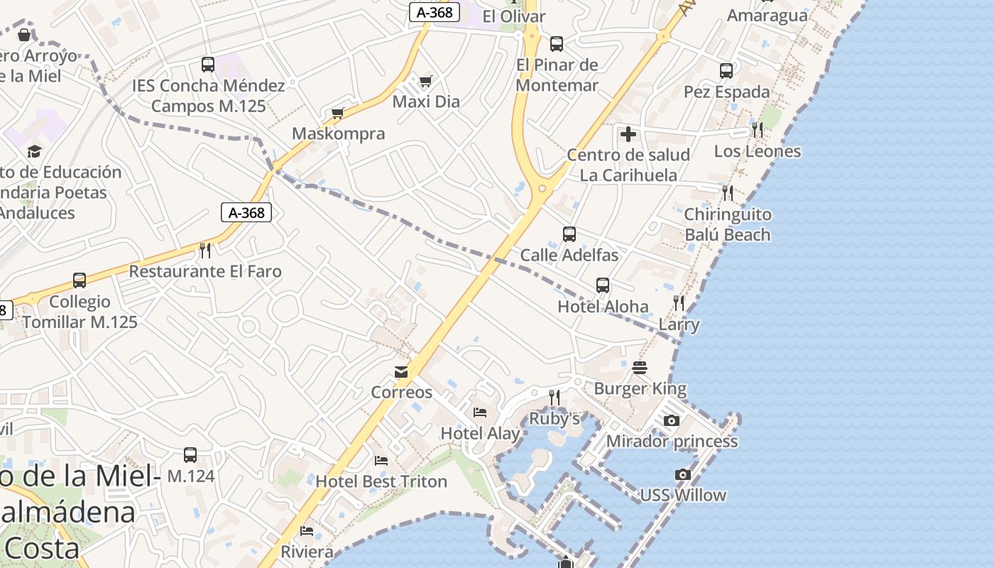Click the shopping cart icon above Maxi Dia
[x=425, y=81]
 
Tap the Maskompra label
[x=339, y=133]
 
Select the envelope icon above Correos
[x=401, y=372]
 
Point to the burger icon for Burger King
[x=640, y=368]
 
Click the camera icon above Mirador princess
[x=671, y=421]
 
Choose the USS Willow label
[x=683, y=495]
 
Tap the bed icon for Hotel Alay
[x=480, y=413]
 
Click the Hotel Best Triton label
[x=381, y=481]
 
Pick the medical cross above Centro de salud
[x=628, y=134]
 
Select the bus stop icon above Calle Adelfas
[x=569, y=234]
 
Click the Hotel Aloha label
[x=603, y=307]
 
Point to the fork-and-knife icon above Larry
[x=679, y=304]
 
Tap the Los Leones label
[x=757, y=151]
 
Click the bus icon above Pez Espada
[x=726, y=71]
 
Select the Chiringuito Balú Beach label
[x=727, y=224]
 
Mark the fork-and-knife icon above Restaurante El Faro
[x=205, y=250]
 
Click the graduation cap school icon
[x=34, y=151]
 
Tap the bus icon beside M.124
[x=190, y=455]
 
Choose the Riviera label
[x=307, y=552]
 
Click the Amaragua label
[x=768, y=16]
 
